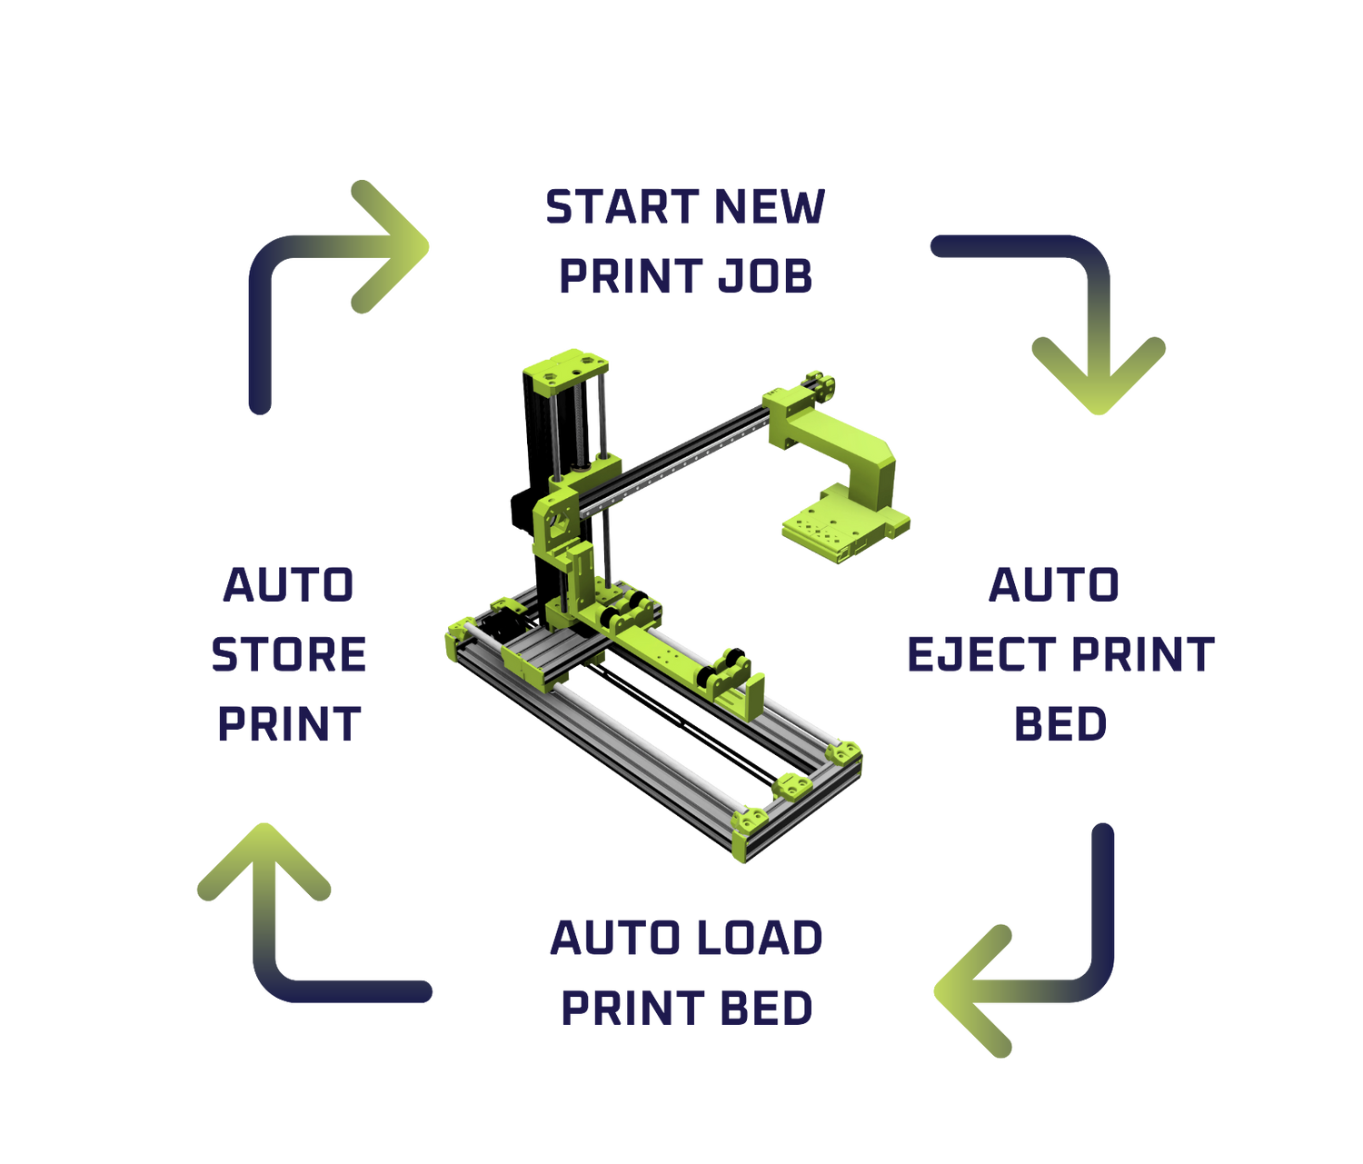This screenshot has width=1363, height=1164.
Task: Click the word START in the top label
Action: point(622,207)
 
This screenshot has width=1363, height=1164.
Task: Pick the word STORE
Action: point(289,654)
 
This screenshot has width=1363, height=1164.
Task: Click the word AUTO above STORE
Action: point(289,584)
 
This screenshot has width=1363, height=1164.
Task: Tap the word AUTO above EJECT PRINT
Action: point(1054,584)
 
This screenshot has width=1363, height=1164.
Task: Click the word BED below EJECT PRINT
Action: point(1060,724)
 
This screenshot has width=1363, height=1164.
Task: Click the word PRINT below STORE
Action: point(289,724)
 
